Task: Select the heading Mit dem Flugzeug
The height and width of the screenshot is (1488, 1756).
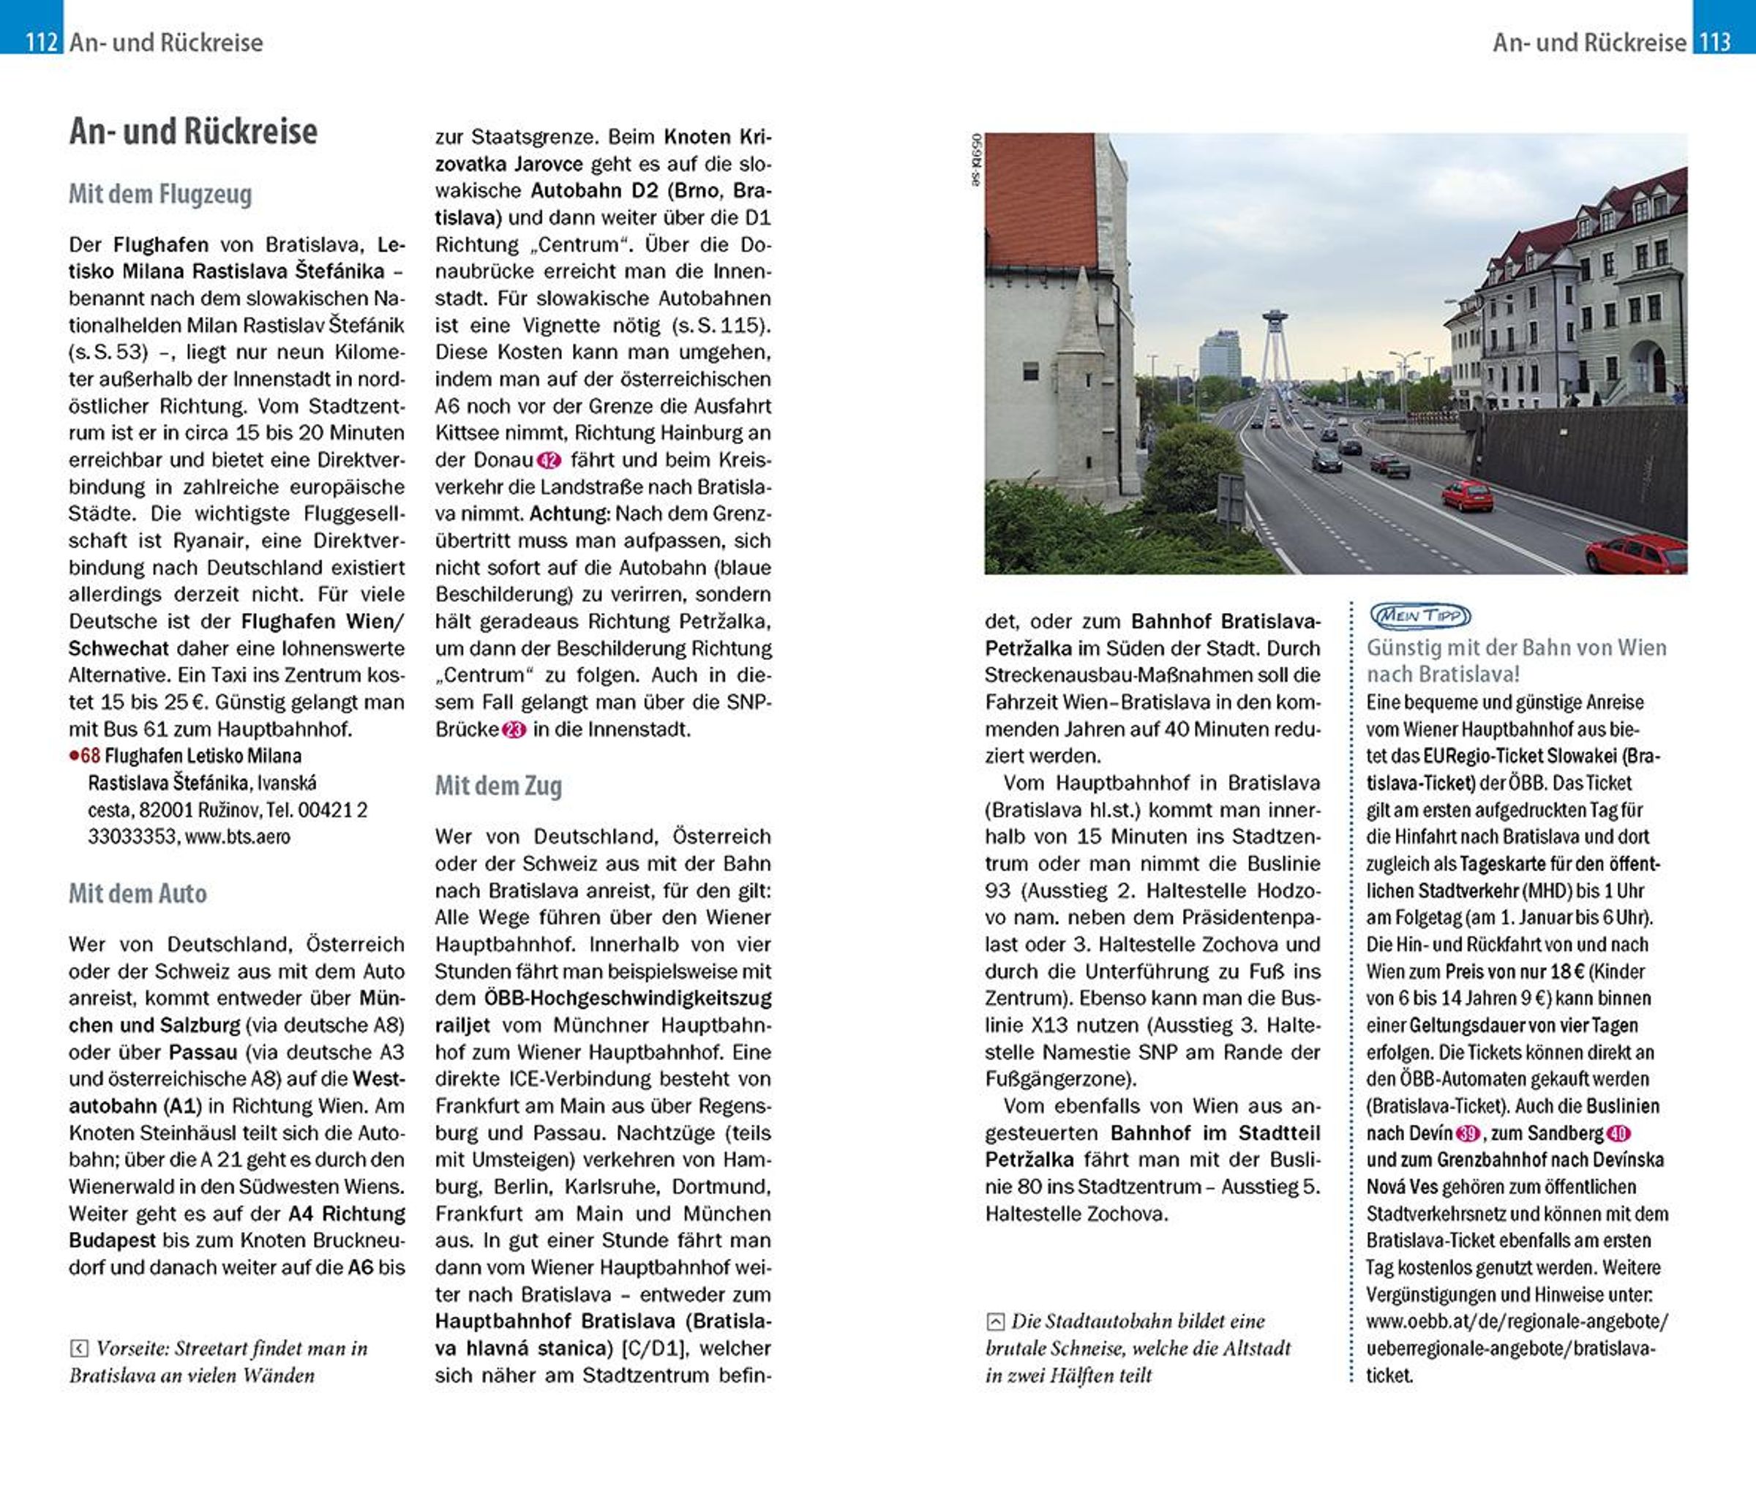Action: (160, 194)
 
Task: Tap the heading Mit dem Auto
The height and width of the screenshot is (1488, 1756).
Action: (138, 893)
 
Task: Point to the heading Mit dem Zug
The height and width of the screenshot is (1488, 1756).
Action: (498, 786)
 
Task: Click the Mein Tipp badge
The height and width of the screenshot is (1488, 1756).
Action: (1420, 616)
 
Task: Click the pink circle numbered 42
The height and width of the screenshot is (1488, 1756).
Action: (549, 461)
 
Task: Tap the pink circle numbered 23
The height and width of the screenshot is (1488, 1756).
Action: (514, 729)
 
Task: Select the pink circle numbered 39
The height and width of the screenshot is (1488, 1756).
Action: (1468, 1134)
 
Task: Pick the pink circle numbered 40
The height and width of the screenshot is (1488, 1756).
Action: (1618, 1134)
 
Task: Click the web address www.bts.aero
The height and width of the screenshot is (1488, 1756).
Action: (237, 837)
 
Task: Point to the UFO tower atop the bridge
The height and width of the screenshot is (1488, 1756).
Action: (1275, 320)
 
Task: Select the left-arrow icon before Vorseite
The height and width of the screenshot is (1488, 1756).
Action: (78, 1349)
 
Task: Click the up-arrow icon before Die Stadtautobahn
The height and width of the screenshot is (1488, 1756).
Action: (995, 1322)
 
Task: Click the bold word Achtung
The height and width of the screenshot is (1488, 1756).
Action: (569, 514)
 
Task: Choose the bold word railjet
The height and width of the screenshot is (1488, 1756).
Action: (462, 1026)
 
